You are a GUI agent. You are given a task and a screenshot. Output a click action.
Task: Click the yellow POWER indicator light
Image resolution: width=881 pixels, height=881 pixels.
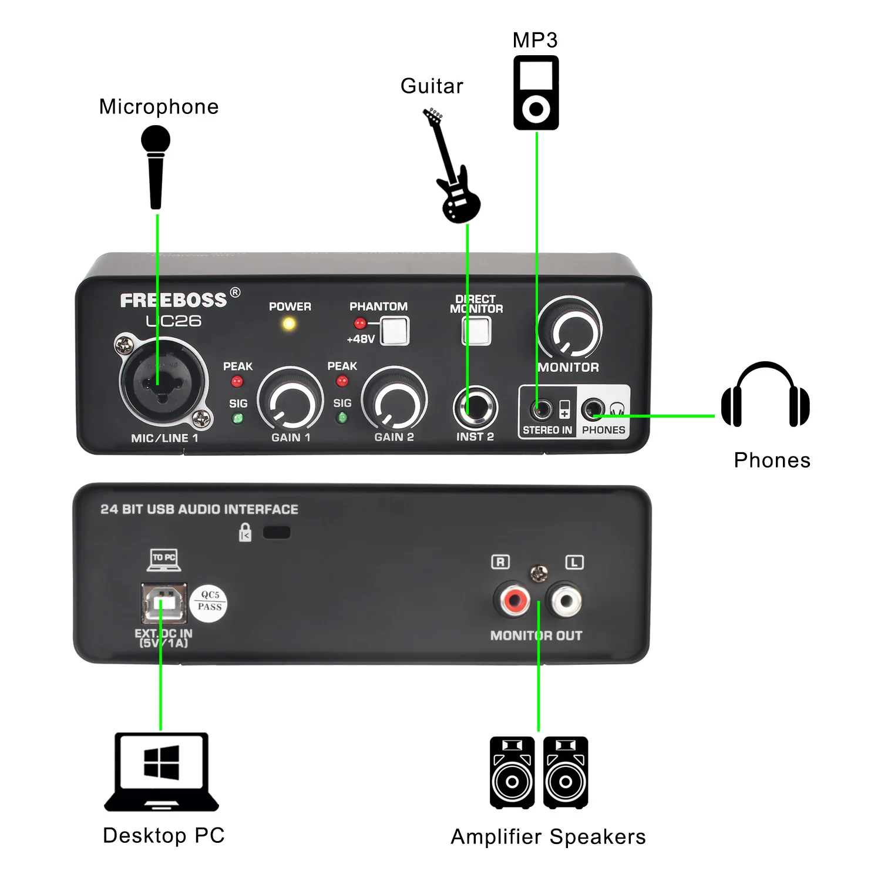(289, 324)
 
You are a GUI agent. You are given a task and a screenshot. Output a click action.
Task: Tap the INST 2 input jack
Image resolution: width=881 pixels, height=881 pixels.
(475, 408)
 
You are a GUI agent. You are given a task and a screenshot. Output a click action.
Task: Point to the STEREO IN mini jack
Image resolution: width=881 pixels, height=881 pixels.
(541, 408)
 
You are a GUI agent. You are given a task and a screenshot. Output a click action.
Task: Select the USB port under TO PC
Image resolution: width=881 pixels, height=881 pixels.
(164, 603)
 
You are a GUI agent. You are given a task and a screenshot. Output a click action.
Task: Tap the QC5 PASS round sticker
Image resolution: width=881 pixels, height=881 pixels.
(209, 601)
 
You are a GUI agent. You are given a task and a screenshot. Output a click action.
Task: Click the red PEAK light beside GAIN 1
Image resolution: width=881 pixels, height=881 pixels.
(237, 382)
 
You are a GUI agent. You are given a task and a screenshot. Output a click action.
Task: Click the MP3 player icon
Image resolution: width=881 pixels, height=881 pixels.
(536, 93)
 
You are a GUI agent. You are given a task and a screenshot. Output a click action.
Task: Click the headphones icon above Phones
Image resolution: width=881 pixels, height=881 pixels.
(765, 394)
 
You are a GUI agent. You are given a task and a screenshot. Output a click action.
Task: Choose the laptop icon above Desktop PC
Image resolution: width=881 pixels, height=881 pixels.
(162, 771)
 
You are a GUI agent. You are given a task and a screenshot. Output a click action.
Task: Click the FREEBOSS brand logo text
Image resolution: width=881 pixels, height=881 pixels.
(173, 301)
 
